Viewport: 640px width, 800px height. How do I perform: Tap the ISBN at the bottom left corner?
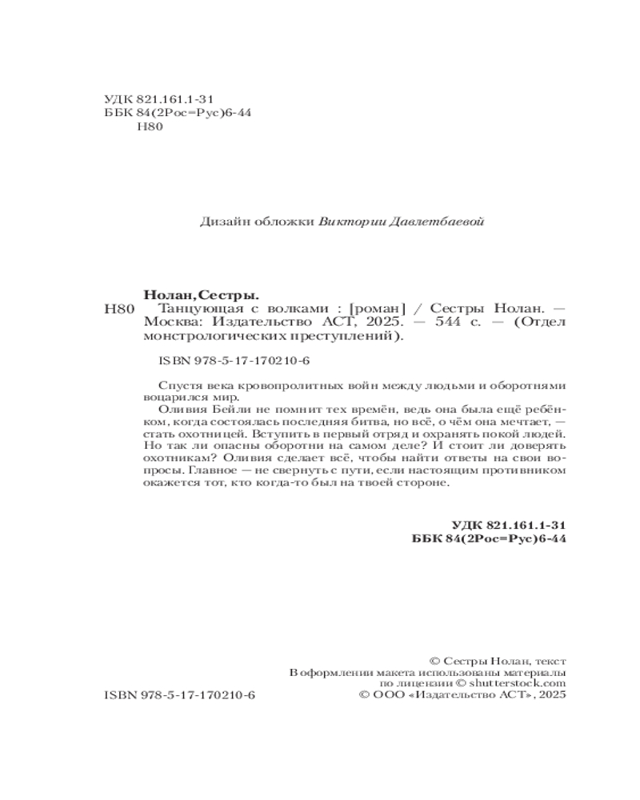click(179, 697)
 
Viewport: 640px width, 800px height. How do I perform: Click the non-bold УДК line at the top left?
click(159, 99)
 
